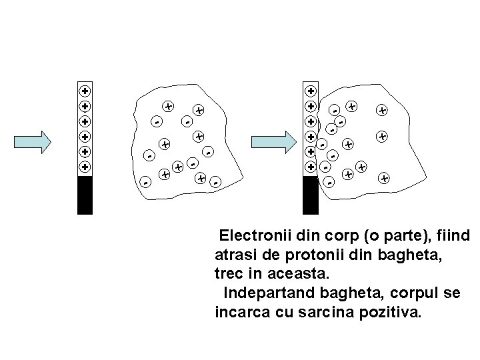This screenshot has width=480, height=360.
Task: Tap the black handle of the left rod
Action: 85,195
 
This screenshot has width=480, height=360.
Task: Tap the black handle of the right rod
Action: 311,195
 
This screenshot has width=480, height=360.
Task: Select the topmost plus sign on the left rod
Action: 85,91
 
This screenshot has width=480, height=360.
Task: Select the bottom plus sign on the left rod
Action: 85,167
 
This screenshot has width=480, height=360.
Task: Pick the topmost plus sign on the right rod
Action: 311,91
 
